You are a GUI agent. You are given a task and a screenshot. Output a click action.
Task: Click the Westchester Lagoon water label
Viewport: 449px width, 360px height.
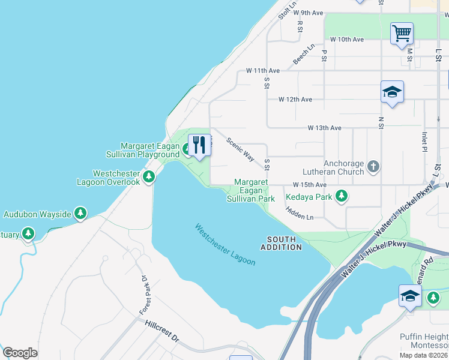(x=225, y=245)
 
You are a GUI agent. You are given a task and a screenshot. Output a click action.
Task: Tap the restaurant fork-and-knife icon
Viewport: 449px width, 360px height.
(x=199, y=145)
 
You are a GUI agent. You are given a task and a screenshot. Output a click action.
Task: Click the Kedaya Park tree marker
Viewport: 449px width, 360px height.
(x=342, y=196)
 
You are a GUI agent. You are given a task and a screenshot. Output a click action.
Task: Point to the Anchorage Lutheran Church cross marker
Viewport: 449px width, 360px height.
(x=373, y=166)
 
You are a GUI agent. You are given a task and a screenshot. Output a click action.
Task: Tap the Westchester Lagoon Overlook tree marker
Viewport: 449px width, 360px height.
(x=149, y=176)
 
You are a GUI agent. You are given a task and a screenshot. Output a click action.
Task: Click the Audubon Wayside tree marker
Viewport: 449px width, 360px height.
(x=80, y=214)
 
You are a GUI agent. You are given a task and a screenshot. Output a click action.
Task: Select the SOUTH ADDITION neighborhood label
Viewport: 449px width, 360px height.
(x=281, y=243)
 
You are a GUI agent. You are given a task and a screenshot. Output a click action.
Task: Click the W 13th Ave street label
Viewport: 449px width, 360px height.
(x=325, y=128)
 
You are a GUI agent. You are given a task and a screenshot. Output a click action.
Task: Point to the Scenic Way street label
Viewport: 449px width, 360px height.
(x=240, y=149)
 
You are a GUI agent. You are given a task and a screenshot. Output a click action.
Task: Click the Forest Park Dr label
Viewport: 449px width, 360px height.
(x=144, y=296)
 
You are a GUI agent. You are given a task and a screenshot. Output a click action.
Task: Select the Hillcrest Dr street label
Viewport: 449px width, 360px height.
(x=162, y=331)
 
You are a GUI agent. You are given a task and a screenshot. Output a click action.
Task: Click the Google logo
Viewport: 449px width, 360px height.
(x=20, y=353)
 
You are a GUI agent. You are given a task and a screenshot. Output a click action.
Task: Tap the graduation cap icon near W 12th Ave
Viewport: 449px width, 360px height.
(x=392, y=92)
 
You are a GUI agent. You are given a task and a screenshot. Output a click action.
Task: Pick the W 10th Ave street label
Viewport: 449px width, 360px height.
(x=347, y=40)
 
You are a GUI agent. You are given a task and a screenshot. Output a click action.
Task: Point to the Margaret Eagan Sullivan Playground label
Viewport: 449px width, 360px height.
(x=150, y=150)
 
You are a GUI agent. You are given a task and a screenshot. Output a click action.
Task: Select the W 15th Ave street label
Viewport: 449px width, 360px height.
(x=310, y=185)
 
